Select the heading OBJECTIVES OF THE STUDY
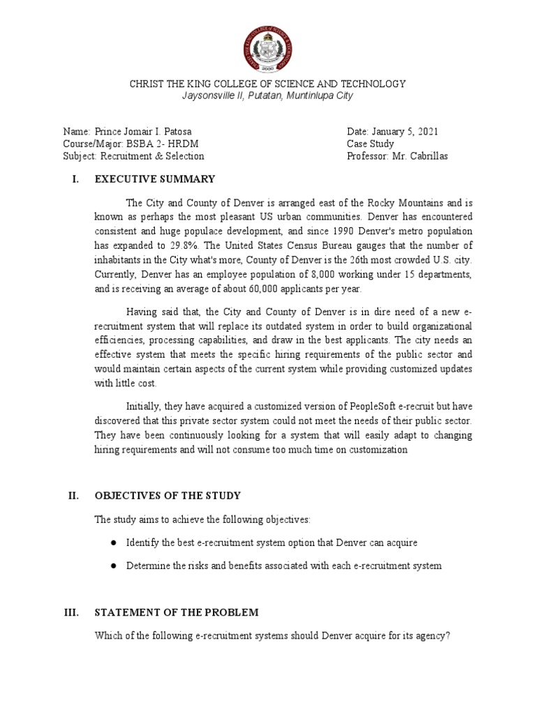pos(167,496)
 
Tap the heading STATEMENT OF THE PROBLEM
pos(177,612)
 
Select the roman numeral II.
pos(73,496)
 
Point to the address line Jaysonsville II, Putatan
pos(267,96)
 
